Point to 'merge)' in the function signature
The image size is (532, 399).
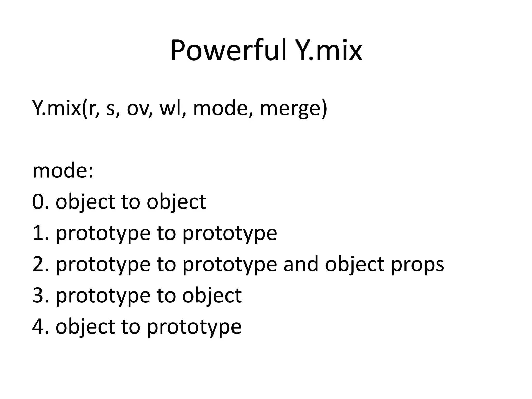click(x=293, y=109)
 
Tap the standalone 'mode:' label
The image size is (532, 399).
click(x=63, y=171)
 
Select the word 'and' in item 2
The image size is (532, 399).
click(x=301, y=264)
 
